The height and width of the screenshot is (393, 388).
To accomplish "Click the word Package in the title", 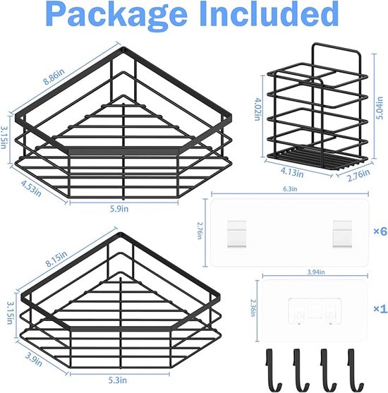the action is coord(116,16).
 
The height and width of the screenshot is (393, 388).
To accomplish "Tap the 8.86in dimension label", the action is coord(54,76).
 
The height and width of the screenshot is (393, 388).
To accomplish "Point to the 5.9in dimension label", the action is coord(119,209).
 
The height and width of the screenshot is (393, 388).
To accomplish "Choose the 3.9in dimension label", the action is coord(34,359).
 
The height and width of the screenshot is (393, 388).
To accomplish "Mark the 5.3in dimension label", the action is coord(118,380).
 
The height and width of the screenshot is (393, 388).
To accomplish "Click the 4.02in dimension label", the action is coord(257,109).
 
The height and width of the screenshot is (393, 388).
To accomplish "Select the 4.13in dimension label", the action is coord(292,172).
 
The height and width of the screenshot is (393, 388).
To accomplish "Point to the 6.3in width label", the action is coord(290,188).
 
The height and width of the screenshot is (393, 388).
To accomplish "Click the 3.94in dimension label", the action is coord(316,272).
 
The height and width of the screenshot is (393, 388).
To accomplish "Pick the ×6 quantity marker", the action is coord(380,231).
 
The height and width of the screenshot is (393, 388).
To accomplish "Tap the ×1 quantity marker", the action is coord(380,309).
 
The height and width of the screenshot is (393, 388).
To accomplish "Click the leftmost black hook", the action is coord(273,370).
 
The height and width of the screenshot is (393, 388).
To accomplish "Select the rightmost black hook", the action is coord(355,370).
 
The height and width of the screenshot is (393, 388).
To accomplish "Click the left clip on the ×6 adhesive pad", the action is coord(236,234).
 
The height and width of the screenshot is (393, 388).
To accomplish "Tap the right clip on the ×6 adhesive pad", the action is coord(342,234).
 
